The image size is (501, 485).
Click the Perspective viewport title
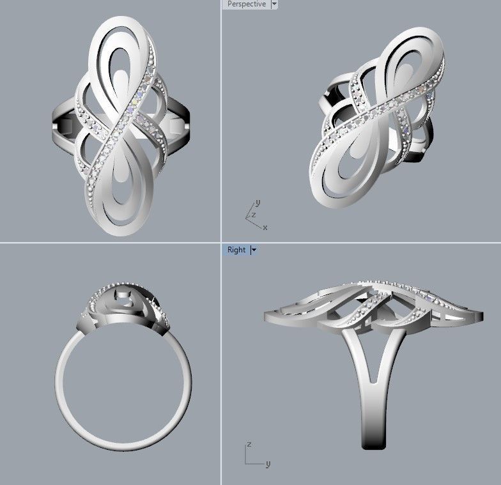click(247, 4)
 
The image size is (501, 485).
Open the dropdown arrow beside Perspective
click(274, 4)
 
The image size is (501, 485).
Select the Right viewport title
click(236, 250)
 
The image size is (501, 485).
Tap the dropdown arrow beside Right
click(254, 250)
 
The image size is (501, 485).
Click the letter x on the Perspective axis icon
click(265, 227)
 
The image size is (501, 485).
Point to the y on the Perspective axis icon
click(258, 203)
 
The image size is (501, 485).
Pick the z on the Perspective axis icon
click(253, 215)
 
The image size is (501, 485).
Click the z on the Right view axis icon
click(248, 444)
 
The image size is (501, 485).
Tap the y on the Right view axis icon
click(267, 464)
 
